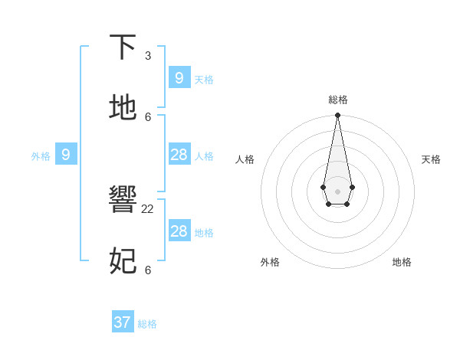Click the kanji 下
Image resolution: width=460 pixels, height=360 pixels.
point(123,47)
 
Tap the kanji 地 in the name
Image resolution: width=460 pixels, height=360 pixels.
point(123,107)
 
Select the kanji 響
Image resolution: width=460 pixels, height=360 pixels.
point(123,201)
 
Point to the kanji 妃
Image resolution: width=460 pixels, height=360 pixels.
point(123,261)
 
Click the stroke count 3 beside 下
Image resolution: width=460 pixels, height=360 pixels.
point(148,56)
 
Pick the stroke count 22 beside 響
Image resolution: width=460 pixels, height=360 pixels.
point(148,209)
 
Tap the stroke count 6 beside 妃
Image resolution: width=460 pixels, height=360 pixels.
point(148,270)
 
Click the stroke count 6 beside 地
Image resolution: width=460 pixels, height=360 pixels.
point(148,116)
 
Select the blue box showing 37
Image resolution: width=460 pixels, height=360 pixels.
point(123,322)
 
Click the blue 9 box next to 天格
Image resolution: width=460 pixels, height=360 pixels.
point(179,78)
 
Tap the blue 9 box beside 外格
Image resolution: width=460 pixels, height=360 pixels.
point(66,155)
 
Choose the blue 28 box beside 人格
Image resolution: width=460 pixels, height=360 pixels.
point(179,155)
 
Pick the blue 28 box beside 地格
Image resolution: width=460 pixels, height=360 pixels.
point(179,231)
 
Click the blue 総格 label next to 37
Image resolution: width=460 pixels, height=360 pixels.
point(147,324)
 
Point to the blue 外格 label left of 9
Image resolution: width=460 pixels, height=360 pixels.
point(41,156)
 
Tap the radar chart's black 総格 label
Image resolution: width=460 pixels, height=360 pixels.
point(337,100)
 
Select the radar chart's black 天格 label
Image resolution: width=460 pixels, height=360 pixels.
point(431,159)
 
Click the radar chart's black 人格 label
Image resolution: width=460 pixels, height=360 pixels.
point(245,159)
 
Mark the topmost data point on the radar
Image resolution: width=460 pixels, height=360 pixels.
point(337,116)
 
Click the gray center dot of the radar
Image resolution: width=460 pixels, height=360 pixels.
point(337,191)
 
